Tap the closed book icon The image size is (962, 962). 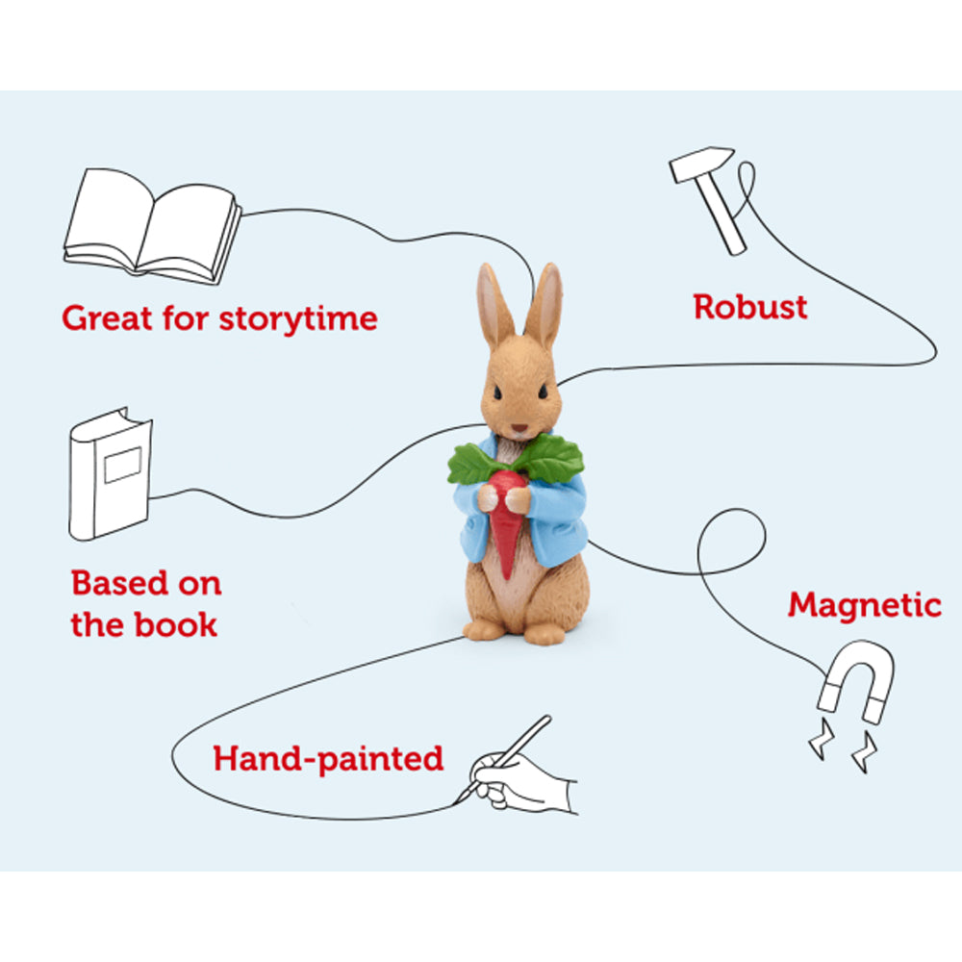pos(110,472)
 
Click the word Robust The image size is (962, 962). pos(750,307)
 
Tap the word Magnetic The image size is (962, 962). pos(864,605)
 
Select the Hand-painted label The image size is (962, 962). pos(328,758)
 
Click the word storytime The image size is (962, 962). pos(298,317)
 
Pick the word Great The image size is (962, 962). pos(108,317)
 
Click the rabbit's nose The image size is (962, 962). pos(519,426)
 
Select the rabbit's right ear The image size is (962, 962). pos(494,306)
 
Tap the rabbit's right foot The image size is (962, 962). pos(484,628)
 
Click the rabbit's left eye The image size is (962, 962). pos(543,392)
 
